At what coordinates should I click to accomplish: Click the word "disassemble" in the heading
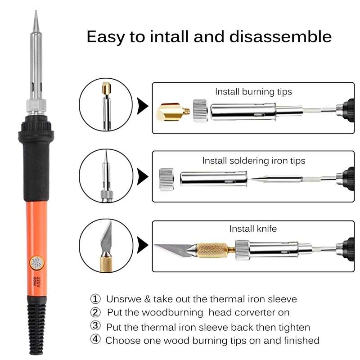click(281, 36)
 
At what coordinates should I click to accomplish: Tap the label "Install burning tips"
click(253, 92)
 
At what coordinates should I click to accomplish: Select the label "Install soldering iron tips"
click(253, 160)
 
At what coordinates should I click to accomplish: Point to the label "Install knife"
click(253, 229)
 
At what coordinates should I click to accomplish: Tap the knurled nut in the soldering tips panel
click(166, 179)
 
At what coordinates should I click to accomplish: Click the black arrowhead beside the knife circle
click(143, 245)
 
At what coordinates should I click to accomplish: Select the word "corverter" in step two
click(265, 312)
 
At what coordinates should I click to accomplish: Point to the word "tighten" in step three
click(295, 327)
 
